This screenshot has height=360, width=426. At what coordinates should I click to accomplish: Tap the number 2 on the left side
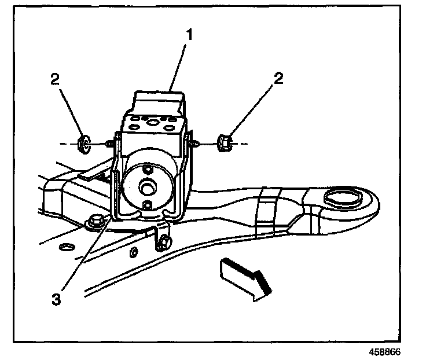click(x=55, y=79)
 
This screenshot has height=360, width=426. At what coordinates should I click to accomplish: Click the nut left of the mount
click(x=83, y=142)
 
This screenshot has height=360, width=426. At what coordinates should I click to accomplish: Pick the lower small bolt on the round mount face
click(x=147, y=205)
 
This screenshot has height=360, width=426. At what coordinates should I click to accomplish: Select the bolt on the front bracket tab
click(x=164, y=242)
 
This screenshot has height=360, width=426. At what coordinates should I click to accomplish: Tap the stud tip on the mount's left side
click(x=109, y=143)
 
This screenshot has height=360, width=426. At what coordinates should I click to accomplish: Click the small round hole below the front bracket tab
click(x=133, y=252)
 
